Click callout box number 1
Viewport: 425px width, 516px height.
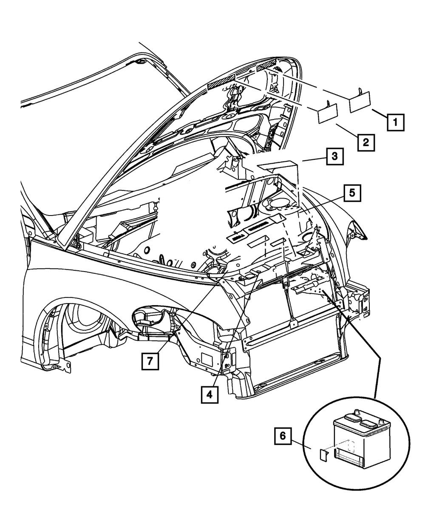[x=395, y=123]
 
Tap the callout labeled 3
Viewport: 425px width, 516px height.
[x=334, y=157]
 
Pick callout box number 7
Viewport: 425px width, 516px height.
[x=149, y=362]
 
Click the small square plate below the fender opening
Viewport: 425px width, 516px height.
[x=208, y=359]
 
